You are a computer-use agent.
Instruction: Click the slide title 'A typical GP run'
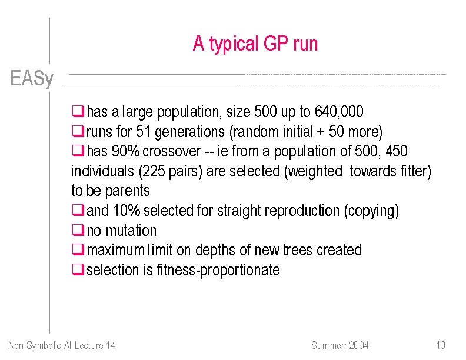tap(255, 44)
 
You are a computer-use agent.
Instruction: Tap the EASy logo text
tap(32, 79)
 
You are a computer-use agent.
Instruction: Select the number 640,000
tap(339, 111)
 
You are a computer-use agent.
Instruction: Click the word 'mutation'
tap(131, 231)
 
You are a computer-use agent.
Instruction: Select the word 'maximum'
tap(115, 250)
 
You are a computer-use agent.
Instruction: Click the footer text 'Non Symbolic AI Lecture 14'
tap(62, 345)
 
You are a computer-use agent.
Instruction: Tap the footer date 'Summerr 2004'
tap(339, 345)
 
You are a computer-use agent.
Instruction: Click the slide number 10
tap(441, 345)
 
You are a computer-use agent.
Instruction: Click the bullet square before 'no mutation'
tap(76, 231)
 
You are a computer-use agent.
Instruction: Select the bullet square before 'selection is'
tap(76, 270)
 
